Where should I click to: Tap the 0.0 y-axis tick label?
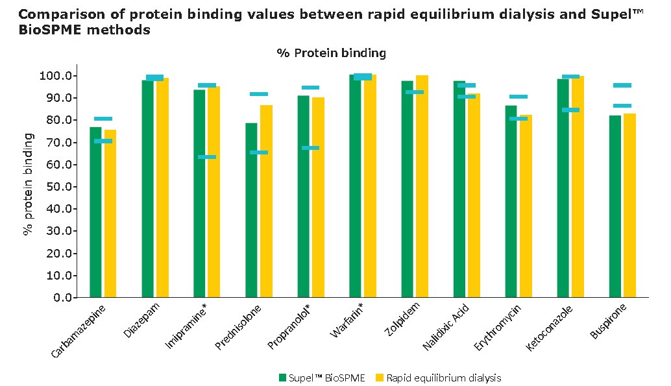[x=63, y=298]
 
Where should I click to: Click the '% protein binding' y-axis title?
[x=29, y=184]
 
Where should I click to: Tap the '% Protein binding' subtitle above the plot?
[x=331, y=53]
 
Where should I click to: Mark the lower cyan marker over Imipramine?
[x=207, y=157]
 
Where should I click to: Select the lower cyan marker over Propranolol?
[x=310, y=148]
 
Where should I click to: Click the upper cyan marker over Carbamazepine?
[x=103, y=119]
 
